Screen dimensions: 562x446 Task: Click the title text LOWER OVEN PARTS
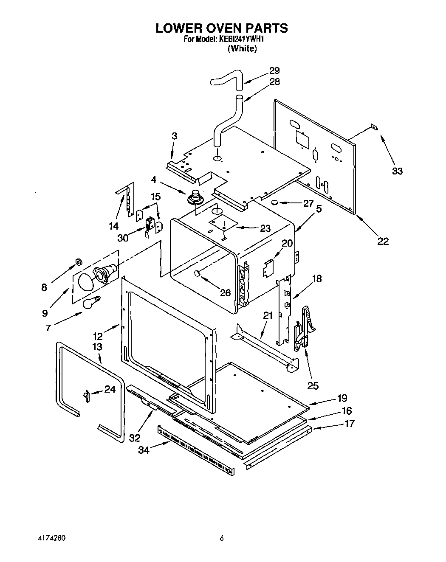coord(221,28)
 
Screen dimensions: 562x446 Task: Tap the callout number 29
coord(274,70)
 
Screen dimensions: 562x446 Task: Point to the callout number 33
coord(397,171)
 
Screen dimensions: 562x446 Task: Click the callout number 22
coord(383,241)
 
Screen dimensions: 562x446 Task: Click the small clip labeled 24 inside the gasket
coord(86,396)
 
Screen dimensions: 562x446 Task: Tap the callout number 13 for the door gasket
coord(97,347)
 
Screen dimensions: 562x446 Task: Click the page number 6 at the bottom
coord(221,539)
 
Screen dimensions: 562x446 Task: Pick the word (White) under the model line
coord(242,49)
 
